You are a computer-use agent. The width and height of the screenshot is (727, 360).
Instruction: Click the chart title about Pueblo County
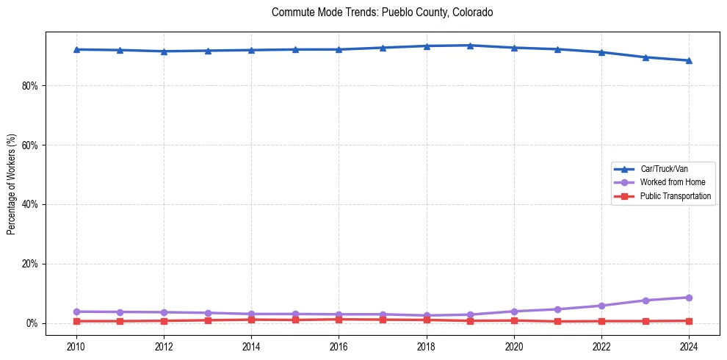tap(382, 12)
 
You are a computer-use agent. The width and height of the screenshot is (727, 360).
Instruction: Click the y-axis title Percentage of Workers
tap(12, 184)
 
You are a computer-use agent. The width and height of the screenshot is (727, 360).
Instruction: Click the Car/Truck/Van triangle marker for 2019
tap(470, 46)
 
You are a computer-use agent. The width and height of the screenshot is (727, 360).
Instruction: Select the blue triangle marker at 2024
tap(689, 60)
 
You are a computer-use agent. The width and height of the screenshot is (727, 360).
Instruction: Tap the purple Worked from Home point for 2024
tap(689, 298)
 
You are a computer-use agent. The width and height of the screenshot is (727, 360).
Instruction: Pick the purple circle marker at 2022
tap(601, 306)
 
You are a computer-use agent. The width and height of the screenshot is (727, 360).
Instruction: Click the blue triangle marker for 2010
tap(76, 49)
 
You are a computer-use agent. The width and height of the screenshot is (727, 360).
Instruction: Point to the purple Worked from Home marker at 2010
tap(76, 312)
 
